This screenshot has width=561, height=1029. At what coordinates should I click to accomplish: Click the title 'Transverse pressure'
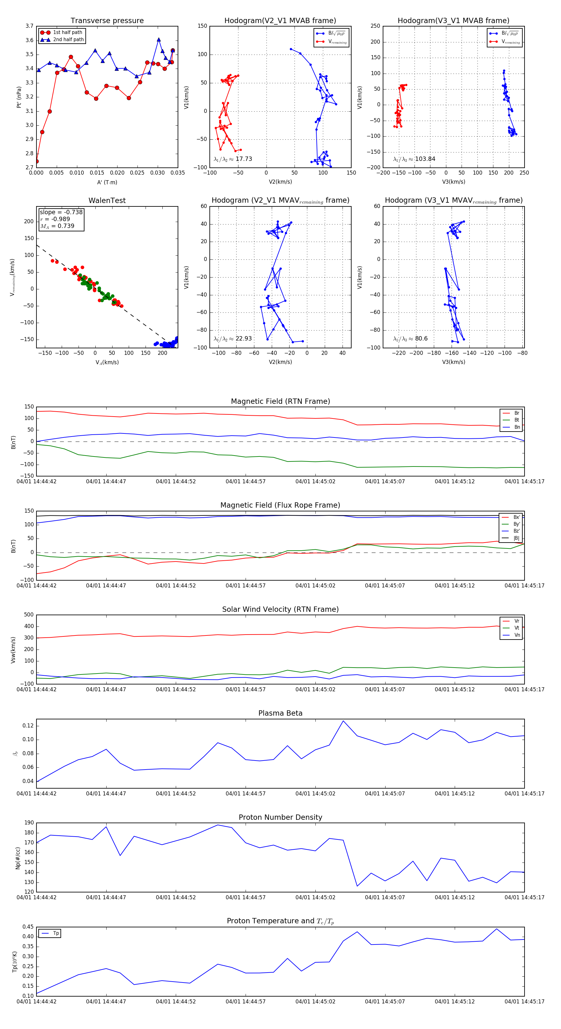(x=107, y=21)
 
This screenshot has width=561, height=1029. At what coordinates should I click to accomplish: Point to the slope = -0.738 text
(x=61, y=212)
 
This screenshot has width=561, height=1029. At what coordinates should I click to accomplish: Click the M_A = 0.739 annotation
(x=57, y=226)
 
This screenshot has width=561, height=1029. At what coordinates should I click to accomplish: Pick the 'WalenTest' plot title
(x=107, y=200)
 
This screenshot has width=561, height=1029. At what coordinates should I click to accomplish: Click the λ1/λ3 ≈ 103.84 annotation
(x=414, y=159)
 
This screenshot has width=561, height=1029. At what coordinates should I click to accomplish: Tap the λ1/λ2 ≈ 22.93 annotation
(x=233, y=339)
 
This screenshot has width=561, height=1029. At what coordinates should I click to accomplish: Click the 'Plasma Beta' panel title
(x=280, y=713)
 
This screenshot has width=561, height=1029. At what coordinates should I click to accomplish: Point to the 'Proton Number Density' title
(x=280, y=817)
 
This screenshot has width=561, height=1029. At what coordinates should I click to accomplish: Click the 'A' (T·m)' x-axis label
(x=107, y=182)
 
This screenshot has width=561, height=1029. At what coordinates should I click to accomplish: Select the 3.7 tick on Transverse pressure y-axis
(x=30, y=26)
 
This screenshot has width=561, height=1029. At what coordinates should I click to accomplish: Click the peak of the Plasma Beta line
(x=343, y=721)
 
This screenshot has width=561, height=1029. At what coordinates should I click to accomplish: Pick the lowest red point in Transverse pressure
(x=37, y=162)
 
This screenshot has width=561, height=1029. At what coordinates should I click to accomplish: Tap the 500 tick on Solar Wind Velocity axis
(x=29, y=615)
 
